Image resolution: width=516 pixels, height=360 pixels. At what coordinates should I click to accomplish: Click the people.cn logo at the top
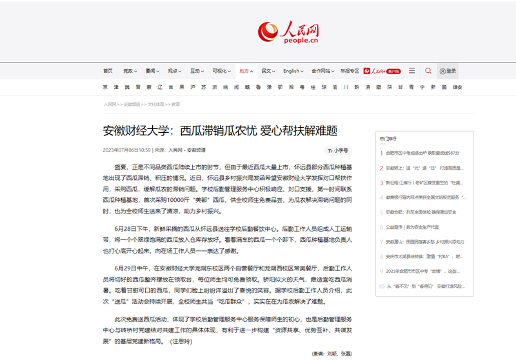288,32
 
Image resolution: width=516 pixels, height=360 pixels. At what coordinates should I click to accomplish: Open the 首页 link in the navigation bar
108,71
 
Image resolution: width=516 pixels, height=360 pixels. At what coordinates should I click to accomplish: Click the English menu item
292,71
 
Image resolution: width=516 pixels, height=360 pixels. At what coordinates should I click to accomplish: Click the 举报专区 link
349,71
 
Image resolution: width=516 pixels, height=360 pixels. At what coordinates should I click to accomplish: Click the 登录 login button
448,71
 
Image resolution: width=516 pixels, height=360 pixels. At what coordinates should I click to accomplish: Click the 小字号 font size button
338,150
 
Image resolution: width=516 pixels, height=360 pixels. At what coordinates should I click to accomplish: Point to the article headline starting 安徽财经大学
220,131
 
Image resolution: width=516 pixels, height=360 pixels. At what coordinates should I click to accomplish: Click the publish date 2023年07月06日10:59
126,150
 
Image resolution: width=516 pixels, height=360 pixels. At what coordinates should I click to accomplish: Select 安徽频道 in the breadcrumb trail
132,104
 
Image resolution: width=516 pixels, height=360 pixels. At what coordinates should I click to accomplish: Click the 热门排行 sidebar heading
388,138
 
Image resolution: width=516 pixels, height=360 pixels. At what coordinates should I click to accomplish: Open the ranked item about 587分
422,153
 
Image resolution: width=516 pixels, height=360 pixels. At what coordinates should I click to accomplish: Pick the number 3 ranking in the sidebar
381,183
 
